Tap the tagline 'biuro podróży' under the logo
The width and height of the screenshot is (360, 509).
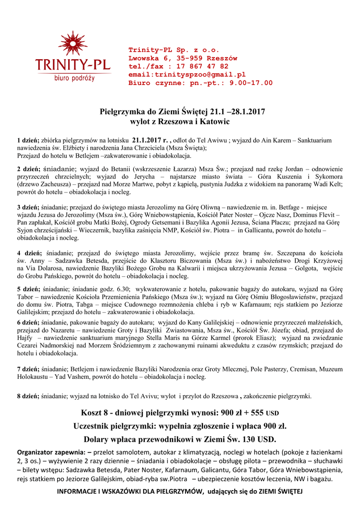click(74, 78)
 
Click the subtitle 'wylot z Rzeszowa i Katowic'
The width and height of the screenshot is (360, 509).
click(180, 121)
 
